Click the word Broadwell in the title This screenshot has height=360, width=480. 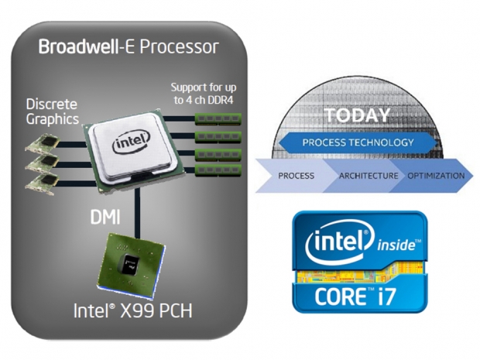pyautogui.click(x=73, y=47)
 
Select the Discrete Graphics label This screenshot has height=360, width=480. pyautogui.click(x=52, y=111)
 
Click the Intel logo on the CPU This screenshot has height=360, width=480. pyautogui.click(x=127, y=144)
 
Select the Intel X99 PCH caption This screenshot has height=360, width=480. pyautogui.click(x=132, y=312)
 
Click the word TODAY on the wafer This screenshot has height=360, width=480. pyautogui.click(x=357, y=115)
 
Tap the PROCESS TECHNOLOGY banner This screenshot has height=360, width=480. pyautogui.click(x=357, y=142)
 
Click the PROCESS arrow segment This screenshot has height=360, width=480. pyautogui.click(x=296, y=176)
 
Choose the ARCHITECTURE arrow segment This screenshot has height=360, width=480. pyautogui.click(x=368, y=176)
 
